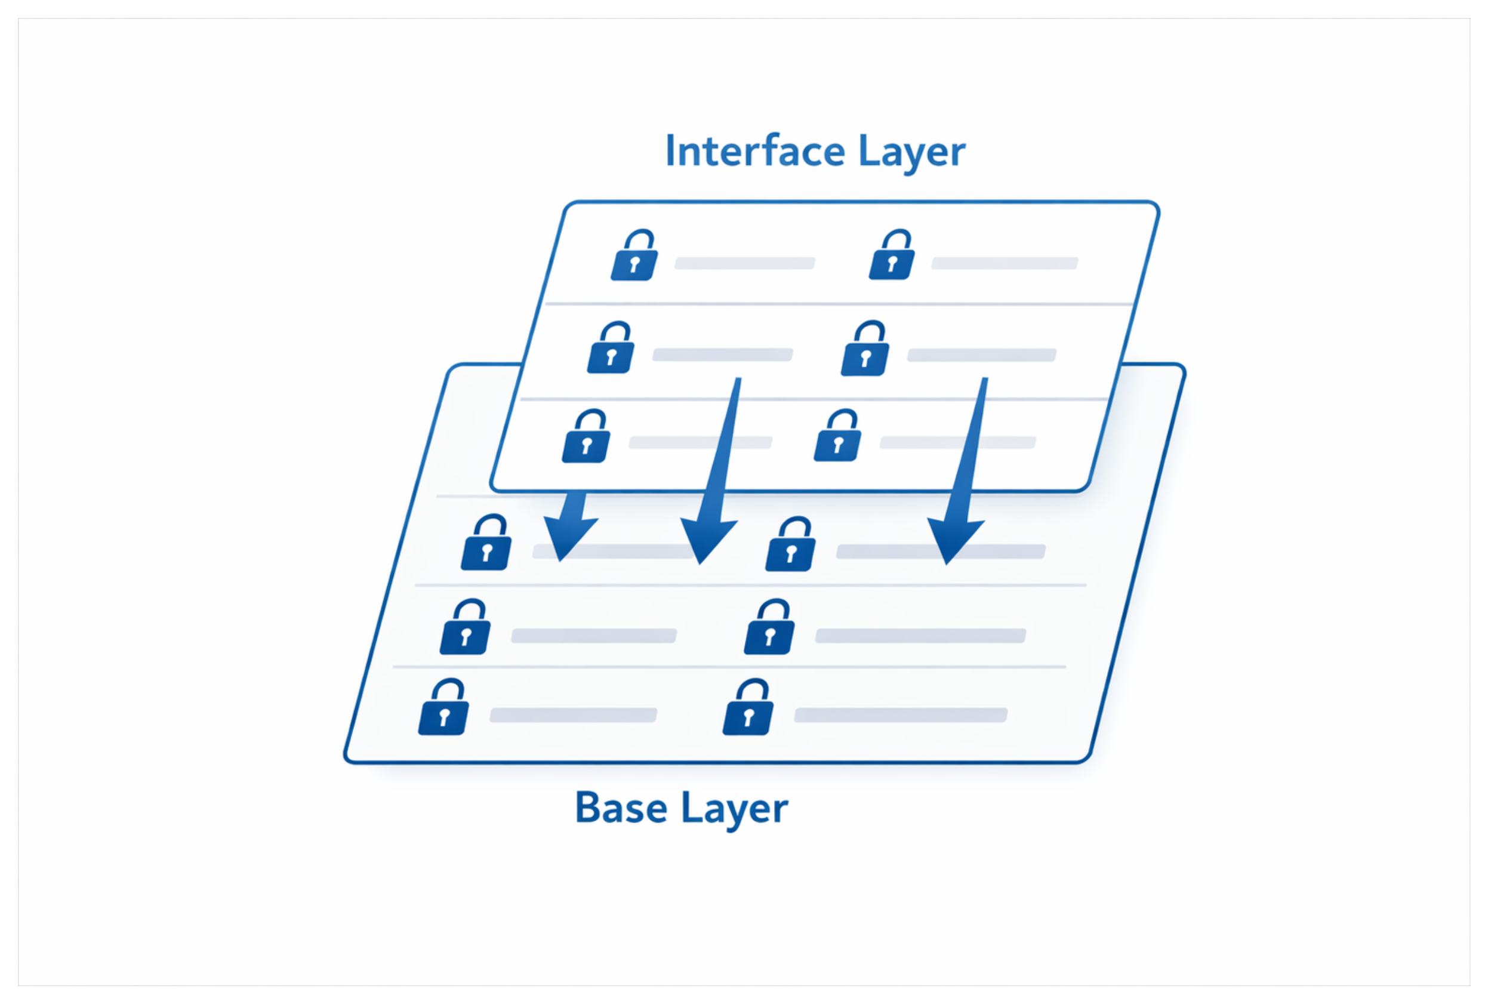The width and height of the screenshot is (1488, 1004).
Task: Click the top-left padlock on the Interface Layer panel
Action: pos(634,257)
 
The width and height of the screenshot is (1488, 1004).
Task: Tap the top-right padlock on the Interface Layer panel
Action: pos(892,256)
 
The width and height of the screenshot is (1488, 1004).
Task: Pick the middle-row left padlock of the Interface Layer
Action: pos(611,349)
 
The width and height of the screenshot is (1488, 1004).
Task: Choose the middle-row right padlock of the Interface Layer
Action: pos(865,350)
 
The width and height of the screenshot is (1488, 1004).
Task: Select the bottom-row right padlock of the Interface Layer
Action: pos(837,437)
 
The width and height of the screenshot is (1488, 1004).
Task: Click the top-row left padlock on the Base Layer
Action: pos(486,544)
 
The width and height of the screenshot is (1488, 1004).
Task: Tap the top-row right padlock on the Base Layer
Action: pos(791,546)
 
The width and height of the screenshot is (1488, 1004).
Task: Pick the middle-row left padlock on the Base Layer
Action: pos(466,628)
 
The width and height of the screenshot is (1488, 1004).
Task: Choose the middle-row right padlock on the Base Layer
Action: pos(769,628)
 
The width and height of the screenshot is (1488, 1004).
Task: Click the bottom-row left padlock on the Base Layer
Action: pos(443,708)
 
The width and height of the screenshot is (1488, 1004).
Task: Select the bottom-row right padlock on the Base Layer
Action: pos(748,708)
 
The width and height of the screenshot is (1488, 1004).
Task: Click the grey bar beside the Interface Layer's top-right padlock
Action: pos(1004,263)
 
